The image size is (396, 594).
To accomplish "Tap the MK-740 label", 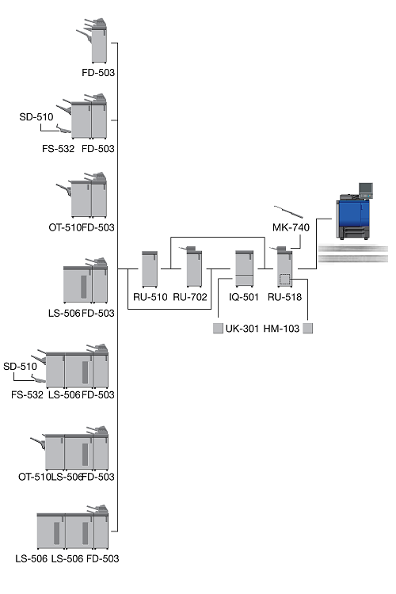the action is [291, 227].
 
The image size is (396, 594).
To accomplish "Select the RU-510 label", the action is [150, 297].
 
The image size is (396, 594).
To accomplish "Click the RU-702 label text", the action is [190, 297].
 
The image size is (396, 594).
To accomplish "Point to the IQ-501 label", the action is [244, 297].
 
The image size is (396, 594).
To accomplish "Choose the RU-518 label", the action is [284, 297].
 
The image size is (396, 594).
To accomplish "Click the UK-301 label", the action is [242, 329].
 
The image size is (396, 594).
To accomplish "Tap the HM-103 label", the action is [281, 329].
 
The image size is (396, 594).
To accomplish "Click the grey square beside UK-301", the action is [218, 329].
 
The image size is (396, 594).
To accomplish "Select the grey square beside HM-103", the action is [308, 329].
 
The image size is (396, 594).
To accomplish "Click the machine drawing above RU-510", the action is [150, 269].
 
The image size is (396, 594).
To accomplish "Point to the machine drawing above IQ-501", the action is [244, 268].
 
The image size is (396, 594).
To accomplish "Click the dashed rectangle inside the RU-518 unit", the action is [284, 280].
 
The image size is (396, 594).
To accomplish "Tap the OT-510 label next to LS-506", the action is [34, 477].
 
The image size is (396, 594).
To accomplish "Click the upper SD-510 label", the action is [36, 116].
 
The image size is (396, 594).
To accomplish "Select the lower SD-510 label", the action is [20, 367].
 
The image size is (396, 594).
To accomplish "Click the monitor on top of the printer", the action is [366, 188].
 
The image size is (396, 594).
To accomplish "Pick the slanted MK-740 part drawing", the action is [288, 211].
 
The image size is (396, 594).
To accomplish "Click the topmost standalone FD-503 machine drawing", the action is [93, 40].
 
